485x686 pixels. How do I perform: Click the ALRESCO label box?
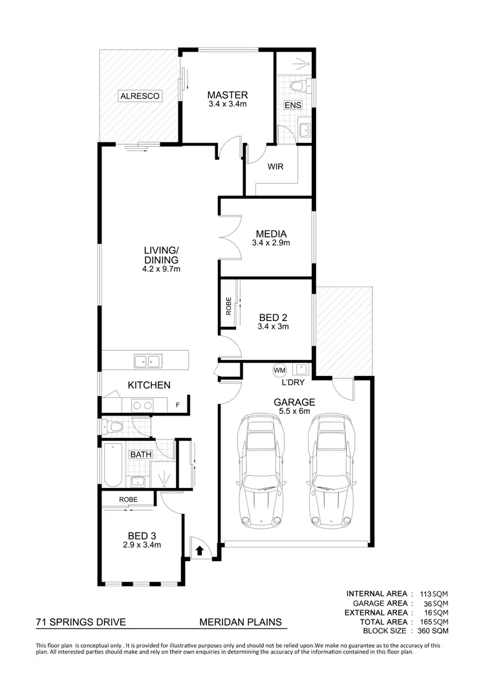pyautogui.click(x=140, y=96)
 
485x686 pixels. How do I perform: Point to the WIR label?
pyautogui.click(x=276, y=166)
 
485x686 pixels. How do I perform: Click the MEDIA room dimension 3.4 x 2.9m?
pyautogui.click(x=271, y=243)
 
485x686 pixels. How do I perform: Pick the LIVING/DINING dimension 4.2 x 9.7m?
pyautogui.click(x=161, y=269)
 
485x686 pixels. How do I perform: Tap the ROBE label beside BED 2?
pyautogui.click(x=228, y=305)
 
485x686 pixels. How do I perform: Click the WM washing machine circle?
pyautogui.click(x=279, y=370)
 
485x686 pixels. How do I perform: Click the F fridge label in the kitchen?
pyautogui.click(x=178, y=405)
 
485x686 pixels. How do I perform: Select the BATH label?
pyautogui.click(x=141, y=454)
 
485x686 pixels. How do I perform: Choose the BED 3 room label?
pyautogui.click(x=142, y=535)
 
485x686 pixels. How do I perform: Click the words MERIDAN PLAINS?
pyautogui.click(x=241, y=623)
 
